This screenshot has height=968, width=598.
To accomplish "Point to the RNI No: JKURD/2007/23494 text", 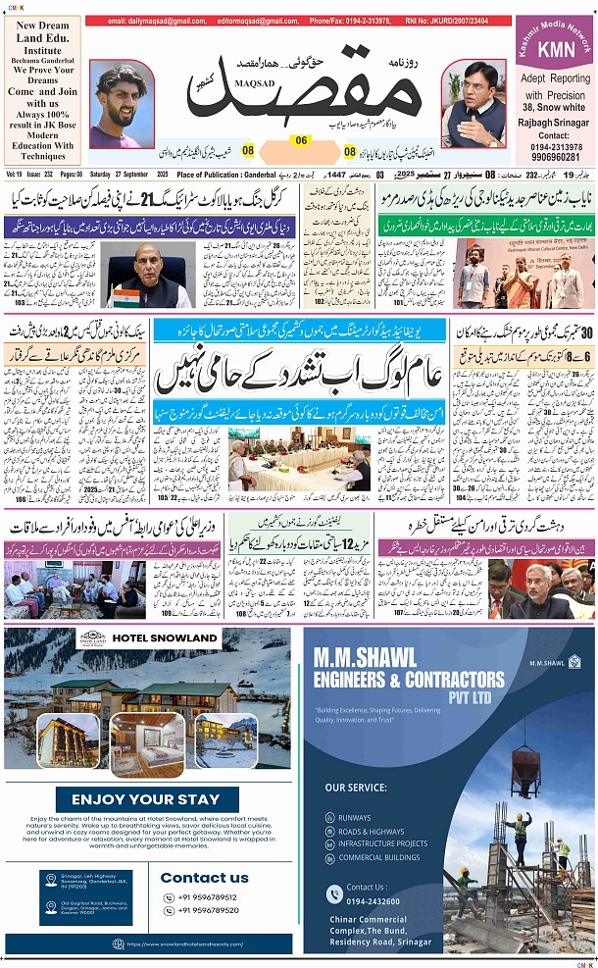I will click(x=445, y=21).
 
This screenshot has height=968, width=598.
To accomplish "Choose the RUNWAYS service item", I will click(x=355, y=818).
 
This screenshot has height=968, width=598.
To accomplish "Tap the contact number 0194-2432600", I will click(x=372, y=900).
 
